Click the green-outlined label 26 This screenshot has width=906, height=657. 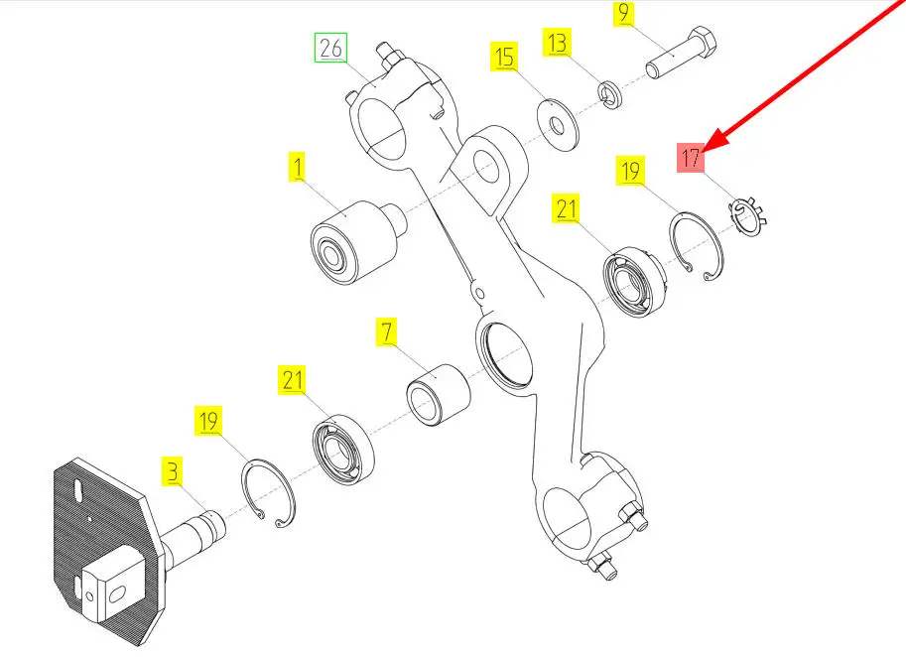point(330,48)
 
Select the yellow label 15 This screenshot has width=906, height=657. point(504,57)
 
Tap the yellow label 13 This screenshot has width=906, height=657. point(557,43)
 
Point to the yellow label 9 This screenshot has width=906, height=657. point(623,13)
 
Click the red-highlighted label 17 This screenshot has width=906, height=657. point(691,158)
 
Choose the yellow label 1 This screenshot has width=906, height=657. point(298,167)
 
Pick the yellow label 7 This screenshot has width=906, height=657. point(387,331)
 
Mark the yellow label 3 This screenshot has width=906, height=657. point(173,470)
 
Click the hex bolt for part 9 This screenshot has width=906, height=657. point(681,53)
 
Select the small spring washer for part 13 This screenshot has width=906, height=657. point(609,94)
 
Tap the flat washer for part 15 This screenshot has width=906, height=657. point(558,124)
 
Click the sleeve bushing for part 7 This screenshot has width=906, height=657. point(439,395)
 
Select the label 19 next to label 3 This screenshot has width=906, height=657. point(208,421)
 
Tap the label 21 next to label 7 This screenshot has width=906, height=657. point(293,380)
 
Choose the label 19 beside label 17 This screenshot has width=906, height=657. point(630,171)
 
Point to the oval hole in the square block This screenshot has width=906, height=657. point(116,592)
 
